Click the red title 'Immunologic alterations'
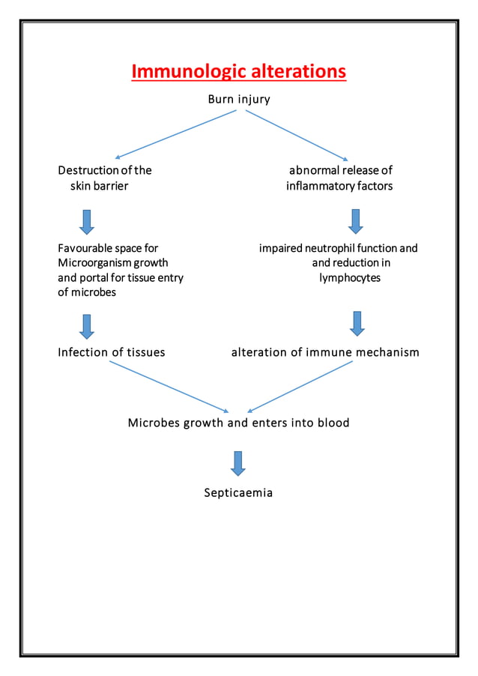[x=238, y=71]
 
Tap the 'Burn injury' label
[x=238, y=99]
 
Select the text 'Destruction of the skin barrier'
[x=104, y=178]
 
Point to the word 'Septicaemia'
[x=238, y=492]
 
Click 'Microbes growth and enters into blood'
[x=238, y=423]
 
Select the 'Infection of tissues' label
[x=111, y=351]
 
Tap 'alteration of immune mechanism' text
[x=324, y=351]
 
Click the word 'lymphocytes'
[x=350, y=277]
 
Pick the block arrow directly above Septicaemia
[x=238, y=463]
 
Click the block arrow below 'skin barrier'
[x=87, y=222]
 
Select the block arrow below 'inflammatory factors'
[x=356, y=221]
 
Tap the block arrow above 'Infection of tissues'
[x=87, y=326]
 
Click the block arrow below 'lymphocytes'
[x=357, y=323]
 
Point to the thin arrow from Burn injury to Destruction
[x=176, y=134]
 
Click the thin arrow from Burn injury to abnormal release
[x=297, y=135]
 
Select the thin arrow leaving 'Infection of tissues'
[x=169, y=386]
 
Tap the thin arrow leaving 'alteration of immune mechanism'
[x=300, y=386]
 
